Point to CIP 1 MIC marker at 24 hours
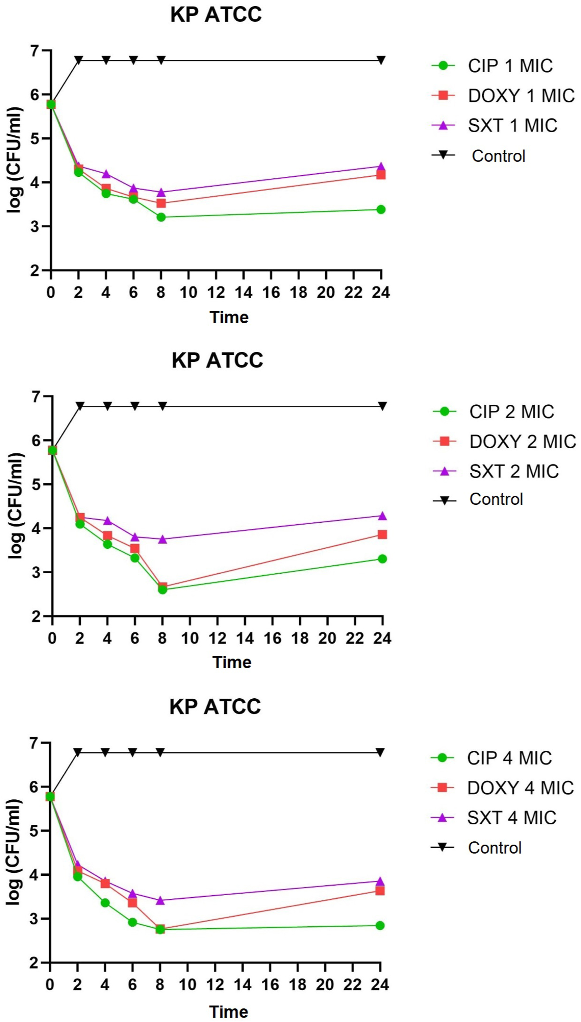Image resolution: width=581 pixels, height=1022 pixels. pos(381,209)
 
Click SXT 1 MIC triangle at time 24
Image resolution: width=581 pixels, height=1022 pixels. pos(381,167)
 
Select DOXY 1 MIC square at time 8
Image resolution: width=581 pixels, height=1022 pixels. pos(161,203)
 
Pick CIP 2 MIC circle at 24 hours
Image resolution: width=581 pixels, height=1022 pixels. pos(382,559)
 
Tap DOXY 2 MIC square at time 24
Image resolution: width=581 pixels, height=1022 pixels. pos(382,534)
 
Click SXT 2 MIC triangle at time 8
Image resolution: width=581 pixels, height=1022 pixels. pos(162,539)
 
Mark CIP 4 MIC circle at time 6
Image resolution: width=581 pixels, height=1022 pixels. pos(132,922)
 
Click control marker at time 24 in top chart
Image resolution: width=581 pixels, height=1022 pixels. pos(381,60)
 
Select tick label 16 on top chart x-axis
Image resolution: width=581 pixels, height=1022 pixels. pos(271,293)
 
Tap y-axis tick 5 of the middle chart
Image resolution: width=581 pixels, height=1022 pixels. pos(37,484)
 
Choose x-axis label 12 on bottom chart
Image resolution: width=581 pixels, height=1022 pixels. pos(215,985)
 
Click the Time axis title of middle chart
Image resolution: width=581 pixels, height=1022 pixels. pos(232,662)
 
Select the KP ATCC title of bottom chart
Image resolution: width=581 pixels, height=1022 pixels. pos(215,706)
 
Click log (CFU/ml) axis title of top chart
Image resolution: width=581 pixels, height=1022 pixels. pos(15,159)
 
